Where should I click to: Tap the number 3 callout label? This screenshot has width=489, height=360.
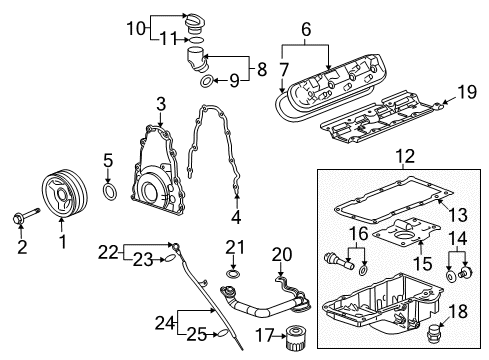coord(160,103)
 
